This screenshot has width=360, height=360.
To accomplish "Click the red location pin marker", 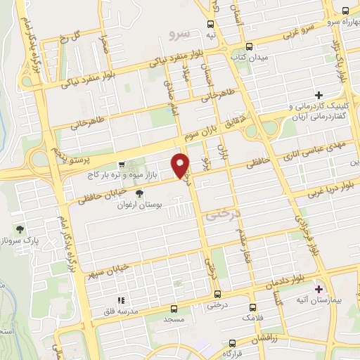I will coord(181,165).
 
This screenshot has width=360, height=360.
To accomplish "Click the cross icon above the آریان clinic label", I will coord(318,95).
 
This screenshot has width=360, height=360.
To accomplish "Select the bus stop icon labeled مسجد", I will coord(174,308).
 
